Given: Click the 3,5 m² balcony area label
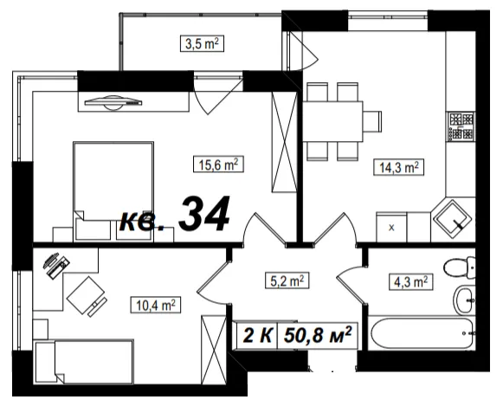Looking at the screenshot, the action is coord(202,43).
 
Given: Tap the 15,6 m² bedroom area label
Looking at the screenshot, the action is coord(218,164).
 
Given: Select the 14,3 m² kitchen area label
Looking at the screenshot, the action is coord(399,167).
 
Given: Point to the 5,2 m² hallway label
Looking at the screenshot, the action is coord(287,280).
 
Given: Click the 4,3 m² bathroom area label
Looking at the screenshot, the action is coord(410,282).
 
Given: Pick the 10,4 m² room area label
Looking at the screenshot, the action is coord(156,305).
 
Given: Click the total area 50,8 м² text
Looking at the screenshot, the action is coord(318,335).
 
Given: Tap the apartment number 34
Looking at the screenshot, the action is coord(204,214).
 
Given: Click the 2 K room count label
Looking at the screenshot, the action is coord(258,335).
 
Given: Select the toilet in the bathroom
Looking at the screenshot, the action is coord(460,267).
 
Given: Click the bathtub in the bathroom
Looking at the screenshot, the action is coord(421,333).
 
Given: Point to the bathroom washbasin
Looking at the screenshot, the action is coord(464,300).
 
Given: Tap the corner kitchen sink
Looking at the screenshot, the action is coord(453,219).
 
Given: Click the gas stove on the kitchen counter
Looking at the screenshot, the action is coord(461,126).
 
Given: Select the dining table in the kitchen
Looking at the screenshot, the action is coord(333,121).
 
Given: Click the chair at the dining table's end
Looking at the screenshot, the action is coord(372,121).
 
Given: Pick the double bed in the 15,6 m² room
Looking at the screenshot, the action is coord(113,191).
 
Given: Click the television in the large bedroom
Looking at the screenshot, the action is coord(113,102).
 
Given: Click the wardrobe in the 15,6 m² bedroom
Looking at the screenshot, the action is coord(284,142).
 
